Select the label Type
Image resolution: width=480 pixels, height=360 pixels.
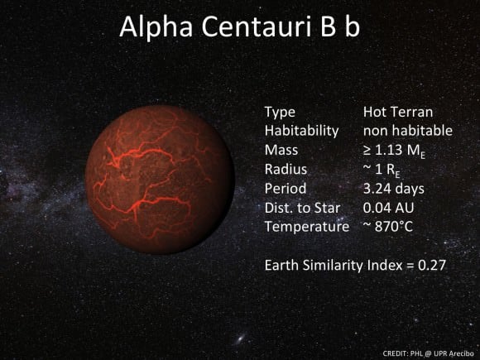[279, 112]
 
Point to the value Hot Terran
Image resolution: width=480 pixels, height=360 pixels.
[398, 112]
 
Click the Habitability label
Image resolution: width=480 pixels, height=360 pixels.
[302, 131]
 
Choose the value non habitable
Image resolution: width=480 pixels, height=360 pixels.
[408, 131]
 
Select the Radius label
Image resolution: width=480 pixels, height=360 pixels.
[286, 169]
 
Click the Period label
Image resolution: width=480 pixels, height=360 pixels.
[285, 188]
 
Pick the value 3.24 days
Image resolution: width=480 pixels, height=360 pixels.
[394, 188]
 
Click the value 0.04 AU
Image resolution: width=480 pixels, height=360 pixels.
[387, 207]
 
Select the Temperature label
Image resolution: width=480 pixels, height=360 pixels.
[307, 226]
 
